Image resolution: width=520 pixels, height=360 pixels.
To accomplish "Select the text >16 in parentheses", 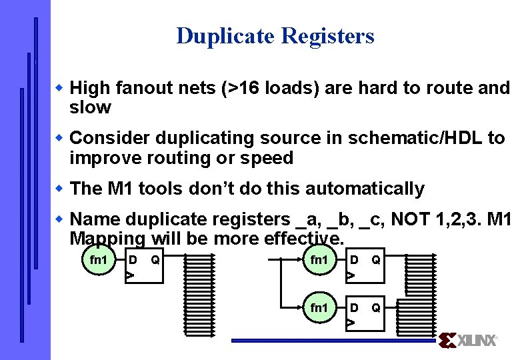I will point(242,88).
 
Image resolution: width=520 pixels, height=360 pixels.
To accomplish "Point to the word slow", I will point(90,107).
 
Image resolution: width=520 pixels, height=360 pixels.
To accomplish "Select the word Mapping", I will point(107,238).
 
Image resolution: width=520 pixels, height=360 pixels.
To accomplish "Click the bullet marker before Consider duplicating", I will point(59,137).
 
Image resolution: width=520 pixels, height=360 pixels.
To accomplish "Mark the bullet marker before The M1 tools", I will point(59,188).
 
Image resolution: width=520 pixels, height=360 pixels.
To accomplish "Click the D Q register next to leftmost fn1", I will point(144,267).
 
